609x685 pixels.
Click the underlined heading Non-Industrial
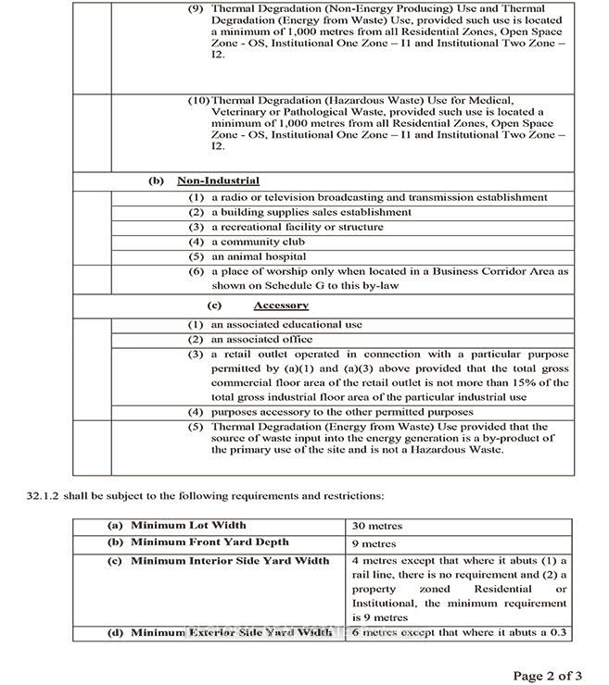tap(218, 181)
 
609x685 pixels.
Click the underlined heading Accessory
tap(281, 305)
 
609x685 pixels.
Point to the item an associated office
tap(263, 340)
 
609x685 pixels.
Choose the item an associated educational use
tap(286, 325)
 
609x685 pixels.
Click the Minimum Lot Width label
tap(188, 526)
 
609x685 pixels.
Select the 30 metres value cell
tap(378, 526)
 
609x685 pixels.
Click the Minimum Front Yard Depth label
tap(209, 542)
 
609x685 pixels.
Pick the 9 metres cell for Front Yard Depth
tap(374, 543)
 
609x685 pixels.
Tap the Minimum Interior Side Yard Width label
tap(229, 561)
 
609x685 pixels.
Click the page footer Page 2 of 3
tap(547, 674)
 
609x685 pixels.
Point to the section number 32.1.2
tap(43, 497)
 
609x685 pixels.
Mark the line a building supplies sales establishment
tap(311, 212)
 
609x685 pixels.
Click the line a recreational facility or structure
tap(297, 227)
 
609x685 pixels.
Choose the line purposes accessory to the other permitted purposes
tap(342, 412)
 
